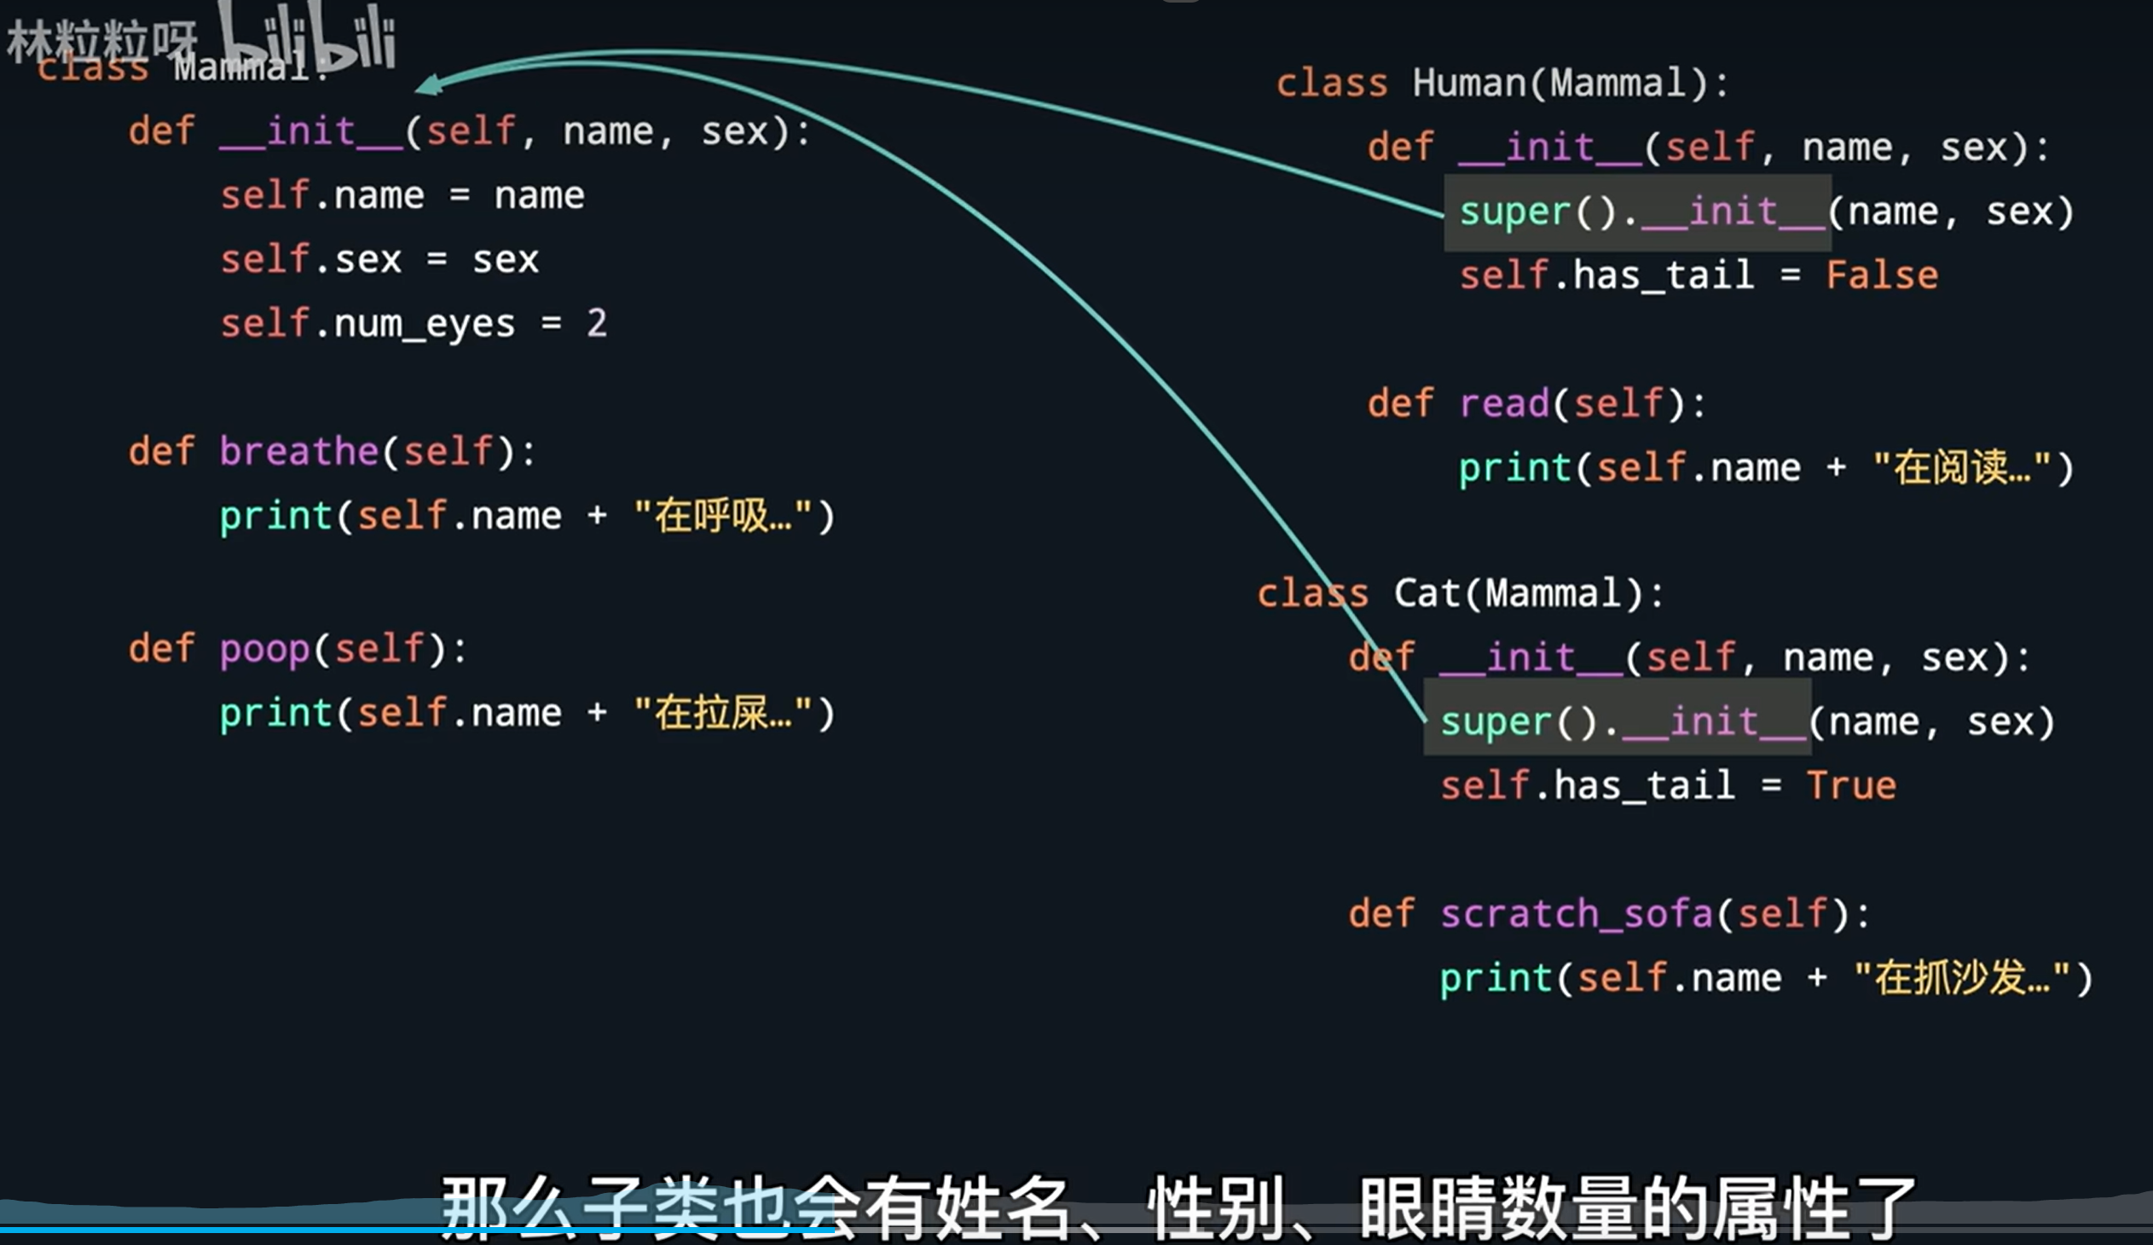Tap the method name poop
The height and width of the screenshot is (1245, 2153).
[x=264, y=650]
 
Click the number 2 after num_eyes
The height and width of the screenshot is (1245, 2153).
[x=596, y=323]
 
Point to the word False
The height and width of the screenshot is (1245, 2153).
[x=1882, y=275]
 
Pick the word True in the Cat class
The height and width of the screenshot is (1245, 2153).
[x=1851, y=785]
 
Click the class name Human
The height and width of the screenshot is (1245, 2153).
[x=1467, y=83]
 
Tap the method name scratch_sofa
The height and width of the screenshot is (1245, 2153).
[x=1577, y=912]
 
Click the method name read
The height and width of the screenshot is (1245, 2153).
[x=1503, y=403]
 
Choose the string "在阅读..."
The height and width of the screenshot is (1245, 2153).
[x=1962, y=467]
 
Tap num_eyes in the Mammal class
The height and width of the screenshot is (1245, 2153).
[x=425, y=324]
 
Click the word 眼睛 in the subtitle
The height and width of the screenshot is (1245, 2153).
[x=1428, y=1207]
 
